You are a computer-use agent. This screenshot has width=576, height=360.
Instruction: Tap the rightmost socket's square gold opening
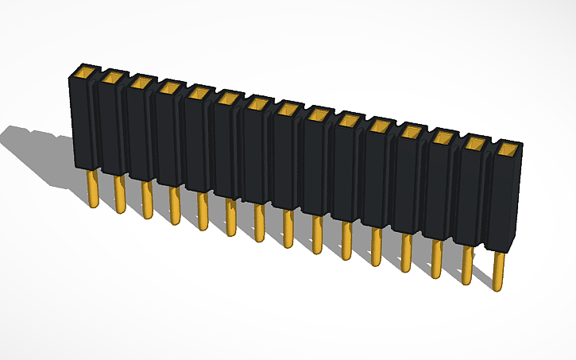pos(507,149)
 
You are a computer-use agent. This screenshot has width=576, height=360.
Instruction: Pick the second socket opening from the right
pos(475,143)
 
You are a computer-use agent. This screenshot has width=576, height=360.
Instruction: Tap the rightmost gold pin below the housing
pos(498,270)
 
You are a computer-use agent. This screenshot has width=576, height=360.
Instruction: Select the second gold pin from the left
pos(119,194)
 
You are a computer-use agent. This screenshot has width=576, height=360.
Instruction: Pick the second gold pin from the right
pos(467,265)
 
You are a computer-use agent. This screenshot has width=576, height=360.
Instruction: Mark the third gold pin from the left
pos(146,199)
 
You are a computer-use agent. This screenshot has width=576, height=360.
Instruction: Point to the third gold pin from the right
pos(437,258)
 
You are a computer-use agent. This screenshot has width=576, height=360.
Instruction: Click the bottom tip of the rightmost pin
pos(498,288)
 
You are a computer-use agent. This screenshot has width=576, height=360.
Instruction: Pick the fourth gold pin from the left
pos(174,204)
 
